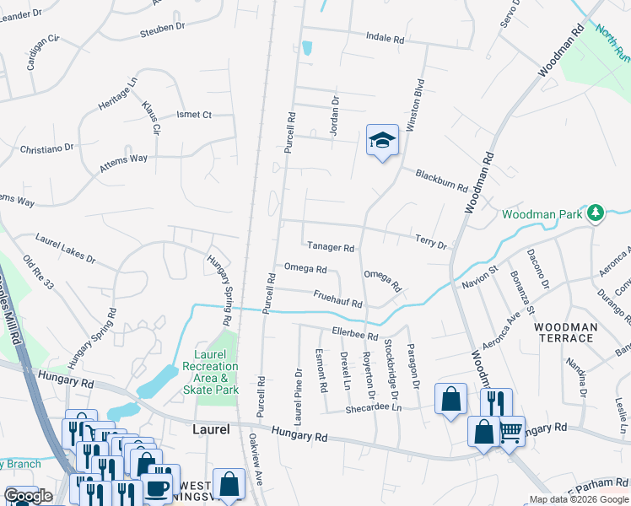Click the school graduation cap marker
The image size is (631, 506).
tap(381, 141)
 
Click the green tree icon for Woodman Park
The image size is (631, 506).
tap(596, 212)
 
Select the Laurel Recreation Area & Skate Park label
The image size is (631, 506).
tap(210, 372)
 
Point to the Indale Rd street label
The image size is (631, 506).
tap(385, 37)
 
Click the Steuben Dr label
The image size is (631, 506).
tap(164, 28)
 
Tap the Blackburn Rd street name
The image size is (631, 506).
tap(441, 179)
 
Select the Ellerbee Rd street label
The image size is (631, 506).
tap(354, 335)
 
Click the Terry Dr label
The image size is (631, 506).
tap(430, 243)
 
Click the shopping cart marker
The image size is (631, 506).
tap(510, 433)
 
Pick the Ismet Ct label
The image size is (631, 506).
tap(193, 115)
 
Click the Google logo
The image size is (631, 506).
tap(28, 496)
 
